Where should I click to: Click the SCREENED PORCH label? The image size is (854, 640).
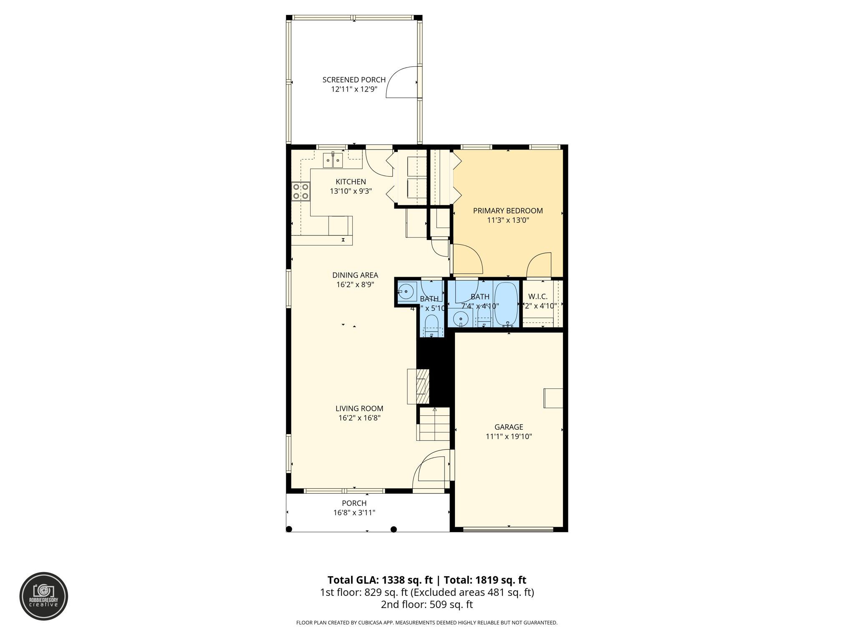point(354,80)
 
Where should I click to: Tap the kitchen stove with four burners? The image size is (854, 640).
point(300,192)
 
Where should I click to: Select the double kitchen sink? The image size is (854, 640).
point(332,160)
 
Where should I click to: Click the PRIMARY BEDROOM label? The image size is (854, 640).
point(507,211)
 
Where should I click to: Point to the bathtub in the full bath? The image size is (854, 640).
point(506,304)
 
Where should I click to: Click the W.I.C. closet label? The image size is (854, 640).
point(538,297)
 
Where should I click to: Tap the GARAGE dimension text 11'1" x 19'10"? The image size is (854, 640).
point(508,437)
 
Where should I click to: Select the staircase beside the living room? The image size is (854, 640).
point(434,424)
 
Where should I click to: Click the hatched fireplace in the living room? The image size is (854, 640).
point(422,386)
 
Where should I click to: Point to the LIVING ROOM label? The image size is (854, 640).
point(359,409)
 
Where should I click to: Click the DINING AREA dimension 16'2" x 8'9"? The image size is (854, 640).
point(355,285)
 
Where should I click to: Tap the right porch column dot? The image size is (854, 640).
point(393,529)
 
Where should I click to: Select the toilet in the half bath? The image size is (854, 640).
point(431,325)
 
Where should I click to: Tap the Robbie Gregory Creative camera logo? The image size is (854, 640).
point(43,596)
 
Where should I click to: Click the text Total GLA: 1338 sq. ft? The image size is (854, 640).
point(380,580)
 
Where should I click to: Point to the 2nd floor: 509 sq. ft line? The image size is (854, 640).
point(427,605)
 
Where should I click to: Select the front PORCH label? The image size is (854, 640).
point(354,503)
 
